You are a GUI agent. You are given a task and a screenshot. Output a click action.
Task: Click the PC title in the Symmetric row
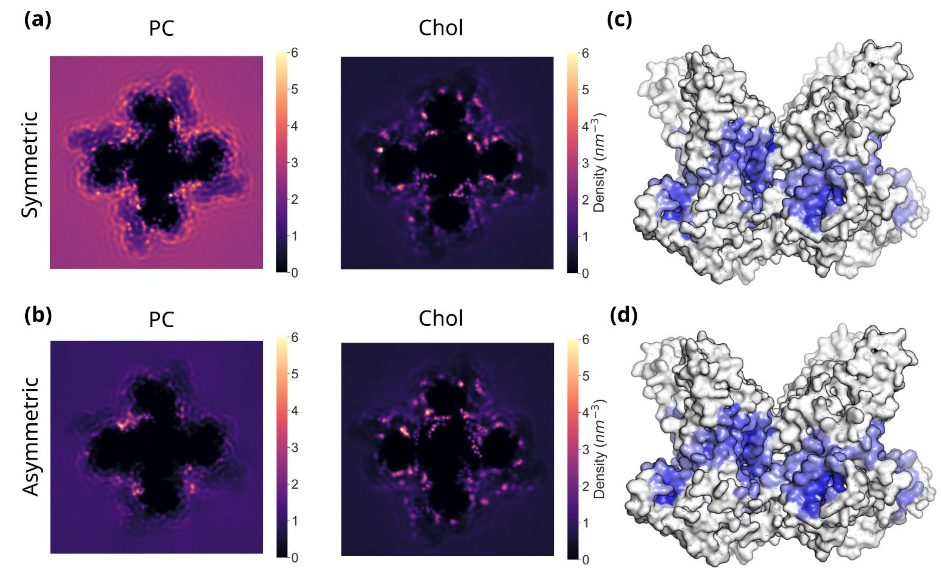coord(162,29)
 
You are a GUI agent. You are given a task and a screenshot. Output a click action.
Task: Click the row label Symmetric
coord(30,164)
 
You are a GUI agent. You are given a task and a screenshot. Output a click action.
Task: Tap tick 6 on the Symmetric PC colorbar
coord(294,53)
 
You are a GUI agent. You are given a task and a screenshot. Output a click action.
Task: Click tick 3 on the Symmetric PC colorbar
coord(294,163)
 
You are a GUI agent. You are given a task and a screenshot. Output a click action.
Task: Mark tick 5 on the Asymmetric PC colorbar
coord(294,374)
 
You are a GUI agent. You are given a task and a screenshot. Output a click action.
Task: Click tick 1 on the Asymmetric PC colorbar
coord(294,521)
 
